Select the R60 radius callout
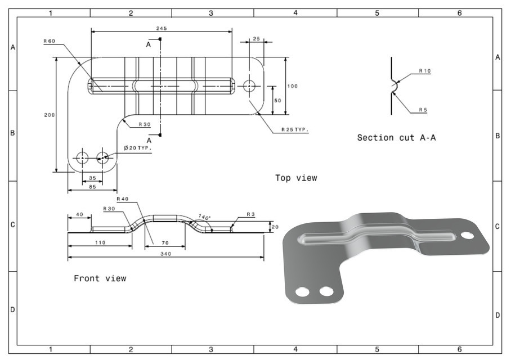coord(50,41)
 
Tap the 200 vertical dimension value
coord(49,114)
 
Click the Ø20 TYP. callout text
coord(138,148)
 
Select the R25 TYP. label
coord(295,129)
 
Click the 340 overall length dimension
coord(165,253)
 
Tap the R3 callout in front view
coord(251,214)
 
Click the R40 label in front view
coord(123,199)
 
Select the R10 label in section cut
coord(424,71)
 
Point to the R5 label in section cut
coord(423,110)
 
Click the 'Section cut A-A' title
coord(396,137)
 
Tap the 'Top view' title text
coord(296,178)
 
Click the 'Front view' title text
coord(100,278)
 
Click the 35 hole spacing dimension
coord(92,178)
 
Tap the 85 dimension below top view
coord(92,186)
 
